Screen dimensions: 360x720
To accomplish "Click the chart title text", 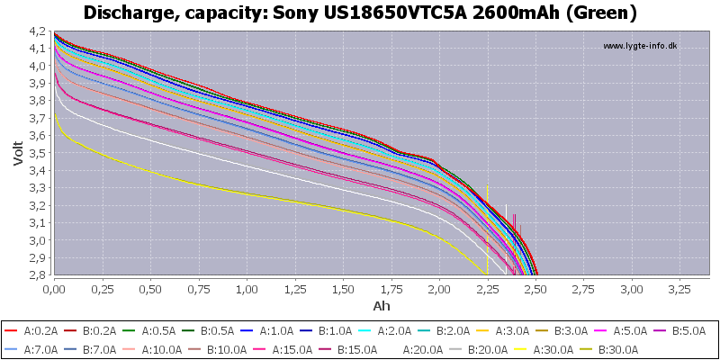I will point(360,13).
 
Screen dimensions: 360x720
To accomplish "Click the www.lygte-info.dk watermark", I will point(640,46).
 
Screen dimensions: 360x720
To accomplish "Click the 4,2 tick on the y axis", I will point(40,31).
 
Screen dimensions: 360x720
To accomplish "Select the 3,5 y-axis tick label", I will point(40,153).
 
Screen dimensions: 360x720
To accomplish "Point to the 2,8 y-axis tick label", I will point(40,275).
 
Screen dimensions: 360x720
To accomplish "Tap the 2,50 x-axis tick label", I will point(535,290).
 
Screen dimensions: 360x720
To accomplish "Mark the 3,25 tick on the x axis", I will point(680,290).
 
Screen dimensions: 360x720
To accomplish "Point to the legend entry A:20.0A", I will point(421,349).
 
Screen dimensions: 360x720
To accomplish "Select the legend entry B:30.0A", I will point(614,349).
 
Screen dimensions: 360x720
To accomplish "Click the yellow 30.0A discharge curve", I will point(270,196).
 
